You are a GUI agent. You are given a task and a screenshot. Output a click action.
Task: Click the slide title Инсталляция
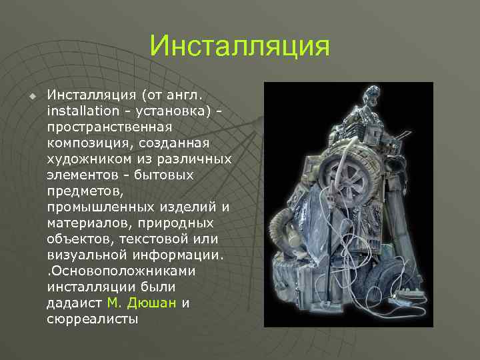(240, 47)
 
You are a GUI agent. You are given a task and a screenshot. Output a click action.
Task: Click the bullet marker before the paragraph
(31, 96)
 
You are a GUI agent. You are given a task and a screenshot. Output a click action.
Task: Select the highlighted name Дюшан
(155, 303)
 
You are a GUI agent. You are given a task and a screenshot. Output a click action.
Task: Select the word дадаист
(75, 303)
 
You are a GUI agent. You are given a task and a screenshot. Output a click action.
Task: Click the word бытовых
(169, 175)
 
